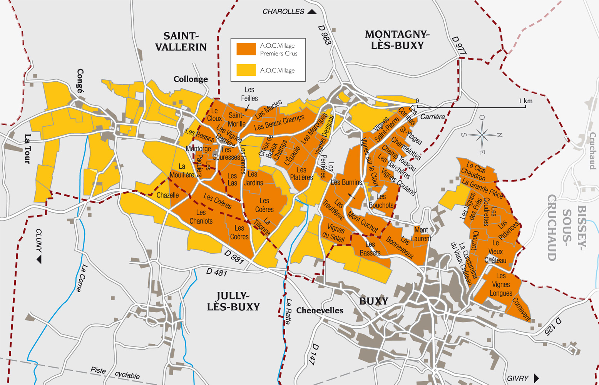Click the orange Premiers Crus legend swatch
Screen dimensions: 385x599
tap(246, 49)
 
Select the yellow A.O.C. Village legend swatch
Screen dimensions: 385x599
tap(246, 70)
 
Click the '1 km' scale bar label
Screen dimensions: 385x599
tap(525, 101)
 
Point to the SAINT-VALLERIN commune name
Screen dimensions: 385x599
tap(181, 42)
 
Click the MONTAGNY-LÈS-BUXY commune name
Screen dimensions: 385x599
tap(397, 40)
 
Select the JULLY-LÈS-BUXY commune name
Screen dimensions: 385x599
tap(233, 301)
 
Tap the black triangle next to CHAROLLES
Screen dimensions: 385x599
tap(312, 12)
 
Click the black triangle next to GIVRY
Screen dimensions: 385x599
tap(537, 378)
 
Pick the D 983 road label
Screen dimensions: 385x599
tap(325, 35)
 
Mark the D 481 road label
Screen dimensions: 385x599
tap(216, 272)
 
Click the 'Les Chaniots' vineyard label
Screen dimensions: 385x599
tap(201, 217)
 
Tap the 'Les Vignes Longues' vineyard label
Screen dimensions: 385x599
tap(501, 285)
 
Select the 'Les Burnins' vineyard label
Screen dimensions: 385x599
tap(346, 182)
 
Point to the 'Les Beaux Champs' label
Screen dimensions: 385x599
tap(279, 122)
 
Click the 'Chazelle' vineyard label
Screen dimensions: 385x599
tap(167, 195)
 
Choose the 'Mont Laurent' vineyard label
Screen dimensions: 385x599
tap(421, 234)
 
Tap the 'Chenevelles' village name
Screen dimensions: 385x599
tap(320, 310)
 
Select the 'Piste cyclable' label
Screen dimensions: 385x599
tap(115, 373)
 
